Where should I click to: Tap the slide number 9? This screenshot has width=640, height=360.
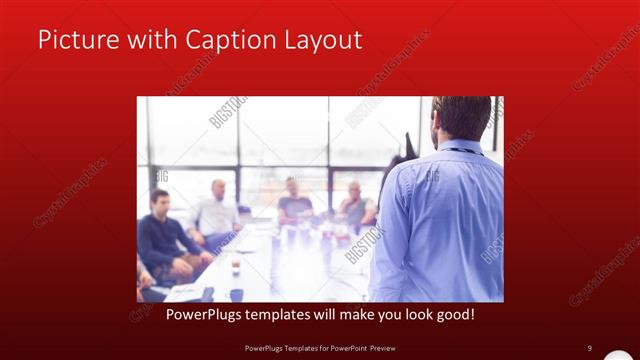click(590, 348)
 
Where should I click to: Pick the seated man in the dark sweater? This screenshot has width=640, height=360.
click(160, 240)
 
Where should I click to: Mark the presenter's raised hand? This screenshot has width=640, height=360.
click(407, 150)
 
